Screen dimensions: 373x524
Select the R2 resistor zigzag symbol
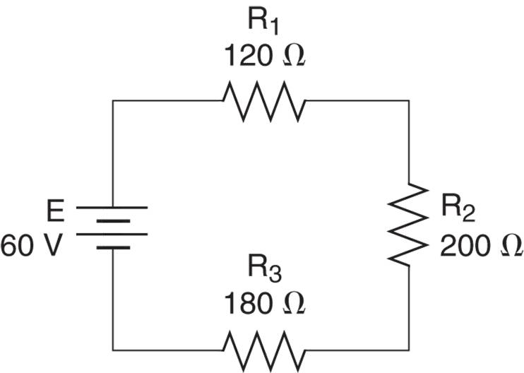click(410, 224)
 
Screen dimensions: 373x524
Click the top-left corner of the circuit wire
click(112, 101)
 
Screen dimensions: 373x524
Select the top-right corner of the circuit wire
click(410, 101)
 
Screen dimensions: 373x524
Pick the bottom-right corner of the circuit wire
click(410, 348)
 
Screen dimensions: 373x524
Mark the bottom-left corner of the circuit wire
click(112, 348)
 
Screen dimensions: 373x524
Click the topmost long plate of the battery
click(112, 208)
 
